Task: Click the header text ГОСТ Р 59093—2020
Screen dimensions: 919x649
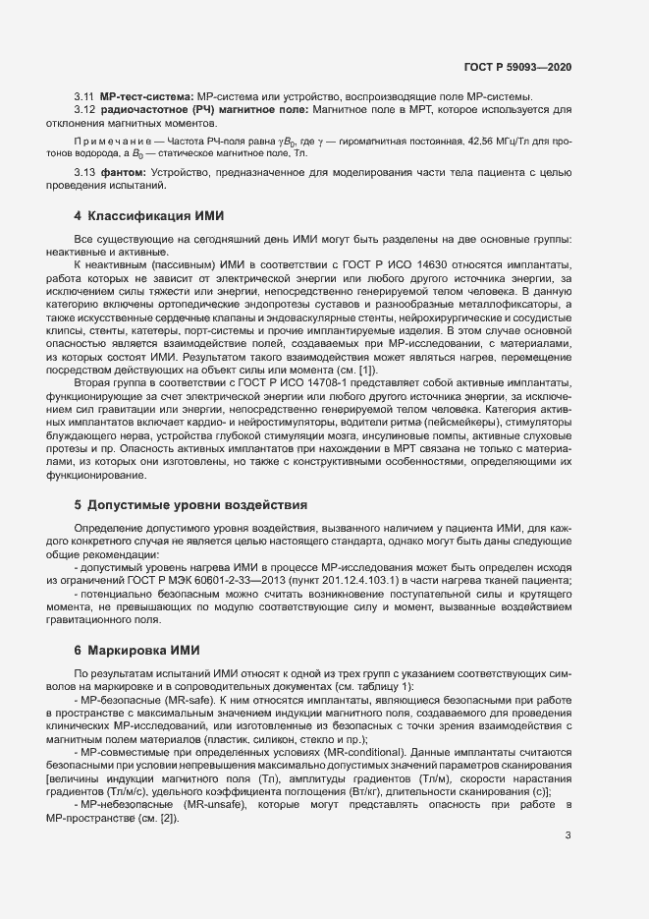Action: (x=516, y=67)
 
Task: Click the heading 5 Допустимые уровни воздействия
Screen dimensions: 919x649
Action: (x=190, y=504)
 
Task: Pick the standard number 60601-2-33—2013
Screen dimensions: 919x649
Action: (x=250, y=581)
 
